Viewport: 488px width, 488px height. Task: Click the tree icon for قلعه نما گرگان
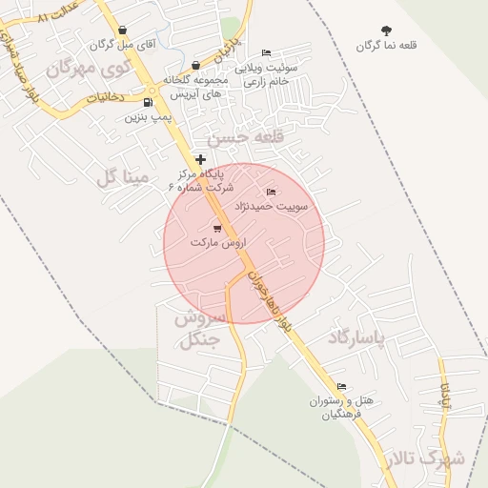tap(386, 31)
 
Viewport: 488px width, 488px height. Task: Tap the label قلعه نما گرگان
tap(387, 46)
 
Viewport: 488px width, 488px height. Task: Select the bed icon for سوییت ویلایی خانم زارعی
tap(266, 53)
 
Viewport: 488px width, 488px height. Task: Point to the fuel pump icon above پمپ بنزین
tap(148, 103)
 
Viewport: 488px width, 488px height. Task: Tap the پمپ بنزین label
tap(148, 117)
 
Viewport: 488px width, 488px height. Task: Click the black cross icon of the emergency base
tap(199, 159)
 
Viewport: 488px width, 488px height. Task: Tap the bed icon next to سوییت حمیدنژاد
tap(271, 193)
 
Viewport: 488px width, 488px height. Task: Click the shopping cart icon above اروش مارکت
tap(217, 228)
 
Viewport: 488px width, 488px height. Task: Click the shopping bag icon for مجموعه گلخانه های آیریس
tap(195, 66)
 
